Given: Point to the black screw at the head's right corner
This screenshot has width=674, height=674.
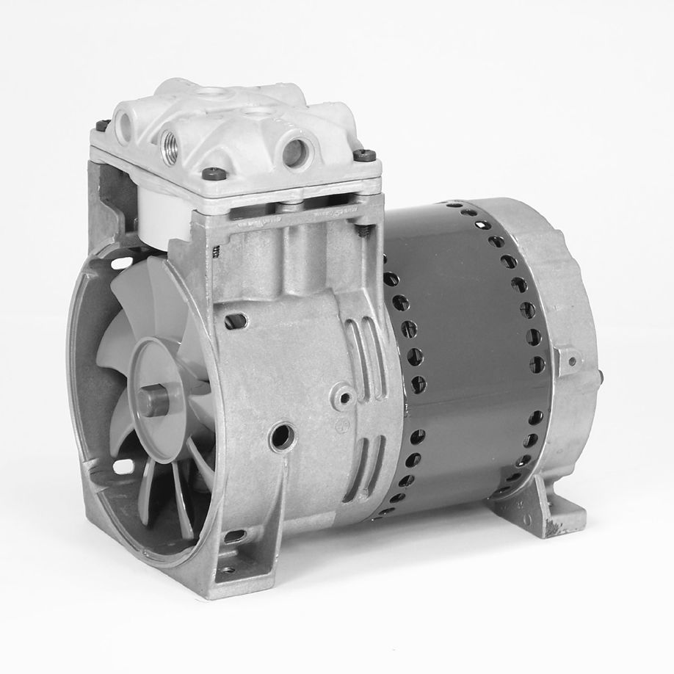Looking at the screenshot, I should point(363,155).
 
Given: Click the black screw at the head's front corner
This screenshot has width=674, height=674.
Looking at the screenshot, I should point(214,173).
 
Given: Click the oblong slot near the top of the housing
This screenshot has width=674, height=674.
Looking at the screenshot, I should point(235,321).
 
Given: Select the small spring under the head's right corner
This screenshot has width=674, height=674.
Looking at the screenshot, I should point(363,232).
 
